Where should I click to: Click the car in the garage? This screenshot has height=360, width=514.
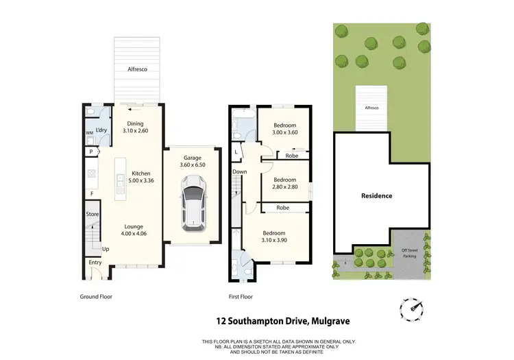pos(193,203)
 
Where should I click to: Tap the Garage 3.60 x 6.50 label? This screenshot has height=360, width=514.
pos(192,161)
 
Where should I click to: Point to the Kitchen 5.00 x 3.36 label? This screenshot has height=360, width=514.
pos(140,178)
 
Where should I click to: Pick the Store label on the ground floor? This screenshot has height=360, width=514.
pos(92,214)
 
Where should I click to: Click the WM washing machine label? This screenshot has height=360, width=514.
pos(89,132)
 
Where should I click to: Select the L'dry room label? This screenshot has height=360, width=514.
pos(101,130)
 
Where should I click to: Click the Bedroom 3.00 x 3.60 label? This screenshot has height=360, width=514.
pos(284,130)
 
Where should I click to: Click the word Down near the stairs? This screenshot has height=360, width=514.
pos(239,171)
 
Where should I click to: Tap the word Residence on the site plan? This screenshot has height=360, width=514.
pos(377,195)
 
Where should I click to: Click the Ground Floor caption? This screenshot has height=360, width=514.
pos(96,297)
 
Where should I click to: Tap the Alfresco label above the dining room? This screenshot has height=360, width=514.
pos(138,69)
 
